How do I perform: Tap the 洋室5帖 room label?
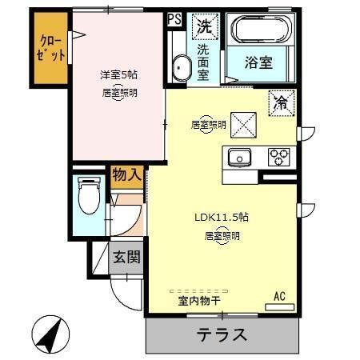118,74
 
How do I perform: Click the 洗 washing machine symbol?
206,26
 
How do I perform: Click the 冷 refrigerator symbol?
281,102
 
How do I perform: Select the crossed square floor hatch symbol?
243,122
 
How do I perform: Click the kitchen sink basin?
238,157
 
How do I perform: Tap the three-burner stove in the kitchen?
279,155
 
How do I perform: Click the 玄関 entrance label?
126,257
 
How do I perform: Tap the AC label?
280,297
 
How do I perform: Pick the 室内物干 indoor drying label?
199,302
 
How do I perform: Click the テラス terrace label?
222,334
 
